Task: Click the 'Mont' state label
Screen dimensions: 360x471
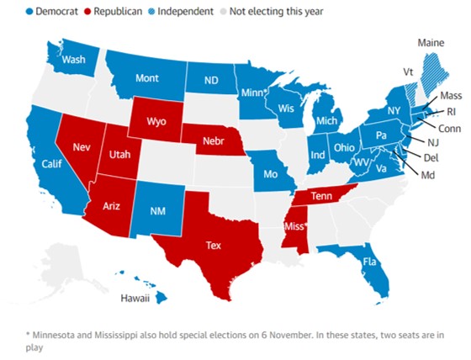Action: click(x=148, y=78)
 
